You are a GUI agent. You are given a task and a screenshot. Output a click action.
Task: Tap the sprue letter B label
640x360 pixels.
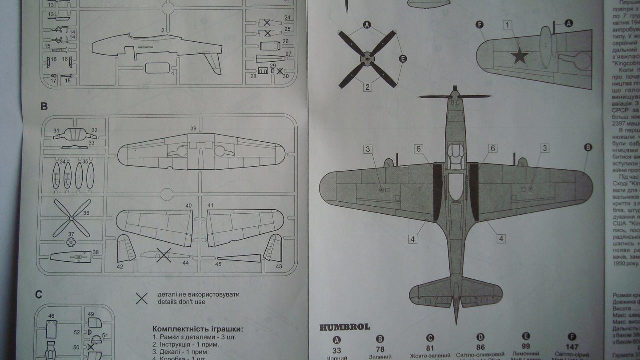point(44,107)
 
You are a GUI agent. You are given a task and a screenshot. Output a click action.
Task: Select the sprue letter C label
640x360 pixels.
point(39,294)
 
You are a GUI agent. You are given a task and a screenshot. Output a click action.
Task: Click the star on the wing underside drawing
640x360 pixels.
point(520,56)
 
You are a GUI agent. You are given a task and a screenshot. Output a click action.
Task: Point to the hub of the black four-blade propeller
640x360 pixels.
point(367,58)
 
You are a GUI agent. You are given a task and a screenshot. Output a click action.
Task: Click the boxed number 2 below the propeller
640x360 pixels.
point(367,87)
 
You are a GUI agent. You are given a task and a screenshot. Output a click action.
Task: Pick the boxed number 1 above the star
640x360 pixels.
point(508,25)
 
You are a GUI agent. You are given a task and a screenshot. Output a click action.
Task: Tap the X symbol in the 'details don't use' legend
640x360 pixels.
point(142,299)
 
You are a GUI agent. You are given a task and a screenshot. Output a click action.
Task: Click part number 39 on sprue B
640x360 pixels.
point(193,128)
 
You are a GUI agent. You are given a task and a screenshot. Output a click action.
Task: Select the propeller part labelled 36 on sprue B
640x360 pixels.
point(71,218)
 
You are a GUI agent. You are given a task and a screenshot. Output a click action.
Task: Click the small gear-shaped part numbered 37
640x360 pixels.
point(71,241)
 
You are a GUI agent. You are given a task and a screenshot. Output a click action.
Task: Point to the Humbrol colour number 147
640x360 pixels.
point(572,347)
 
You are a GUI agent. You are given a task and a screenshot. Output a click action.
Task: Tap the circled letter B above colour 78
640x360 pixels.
point(380,338)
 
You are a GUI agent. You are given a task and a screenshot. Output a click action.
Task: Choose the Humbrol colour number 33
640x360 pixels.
point(336,351)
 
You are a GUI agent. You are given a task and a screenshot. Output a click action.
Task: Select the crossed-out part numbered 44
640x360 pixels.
point(164,255)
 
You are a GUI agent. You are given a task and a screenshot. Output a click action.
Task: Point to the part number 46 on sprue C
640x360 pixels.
point(52,316)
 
